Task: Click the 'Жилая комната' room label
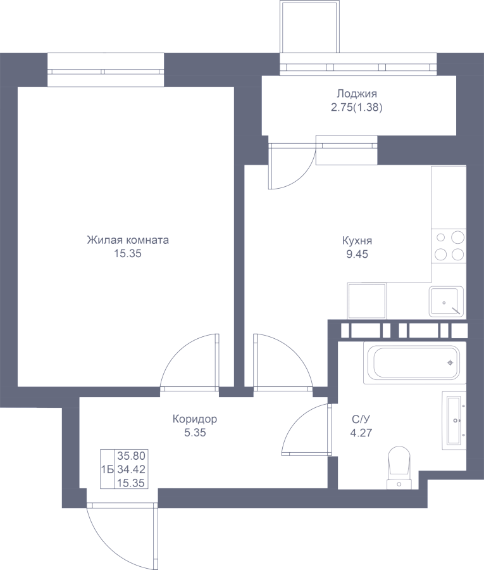pos(128,240)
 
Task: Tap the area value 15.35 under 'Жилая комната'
pos(128,254)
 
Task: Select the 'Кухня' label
pos(357,241)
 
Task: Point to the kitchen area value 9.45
pos(357,254)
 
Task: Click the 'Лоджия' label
pos(357,94)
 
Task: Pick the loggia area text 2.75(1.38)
pos(357,108)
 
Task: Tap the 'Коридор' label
pos(195,419)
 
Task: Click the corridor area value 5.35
pos(195,433)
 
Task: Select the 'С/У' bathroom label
pos(361,419)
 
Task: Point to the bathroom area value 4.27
pos(361,433)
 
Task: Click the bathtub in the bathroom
pos(414,362)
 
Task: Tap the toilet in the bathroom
pos(399,468)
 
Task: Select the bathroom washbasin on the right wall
pos(454,421)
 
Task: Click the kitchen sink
pos(446,301)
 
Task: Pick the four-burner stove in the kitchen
pos(449,246)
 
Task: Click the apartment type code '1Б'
pos(108,470)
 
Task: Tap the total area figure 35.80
pos(131,455)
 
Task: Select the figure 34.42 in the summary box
pos(131,469)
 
